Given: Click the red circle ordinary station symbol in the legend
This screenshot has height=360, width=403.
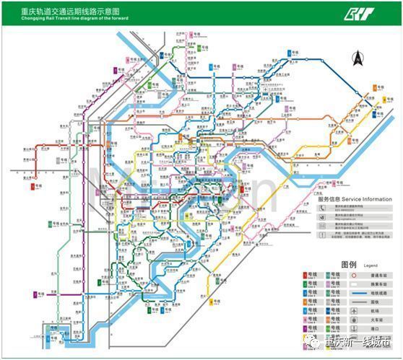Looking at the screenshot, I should (353, 275).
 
